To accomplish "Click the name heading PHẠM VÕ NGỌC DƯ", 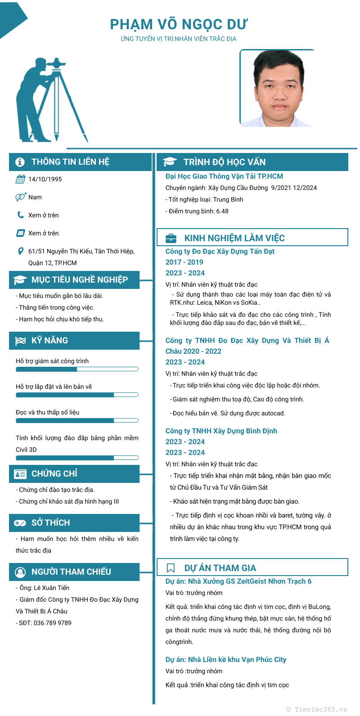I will [179, 24].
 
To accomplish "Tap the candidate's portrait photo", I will [276, 88].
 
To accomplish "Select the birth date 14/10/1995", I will [45, 179].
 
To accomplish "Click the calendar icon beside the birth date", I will [20, 179].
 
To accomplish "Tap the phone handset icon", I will [20, 215].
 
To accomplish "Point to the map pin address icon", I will [20, 251].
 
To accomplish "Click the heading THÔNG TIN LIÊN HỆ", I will [70, 162].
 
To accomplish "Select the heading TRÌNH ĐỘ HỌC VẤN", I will [225, 162].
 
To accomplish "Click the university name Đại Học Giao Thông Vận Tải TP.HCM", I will [224, 176].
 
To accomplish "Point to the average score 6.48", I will [222, 211].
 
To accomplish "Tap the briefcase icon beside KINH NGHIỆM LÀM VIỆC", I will [171, 238].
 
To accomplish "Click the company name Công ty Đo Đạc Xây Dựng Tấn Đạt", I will [220, 252].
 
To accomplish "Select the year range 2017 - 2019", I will [184, 262].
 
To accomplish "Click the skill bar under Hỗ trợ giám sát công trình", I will [77, 369].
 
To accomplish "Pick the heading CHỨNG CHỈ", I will [54, 474].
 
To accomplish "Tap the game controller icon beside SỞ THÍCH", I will [20, 523].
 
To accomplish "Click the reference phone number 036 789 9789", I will [52, 623].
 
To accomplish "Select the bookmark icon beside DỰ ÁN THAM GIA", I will [171, 568].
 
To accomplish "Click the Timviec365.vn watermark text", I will [317, 709].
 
